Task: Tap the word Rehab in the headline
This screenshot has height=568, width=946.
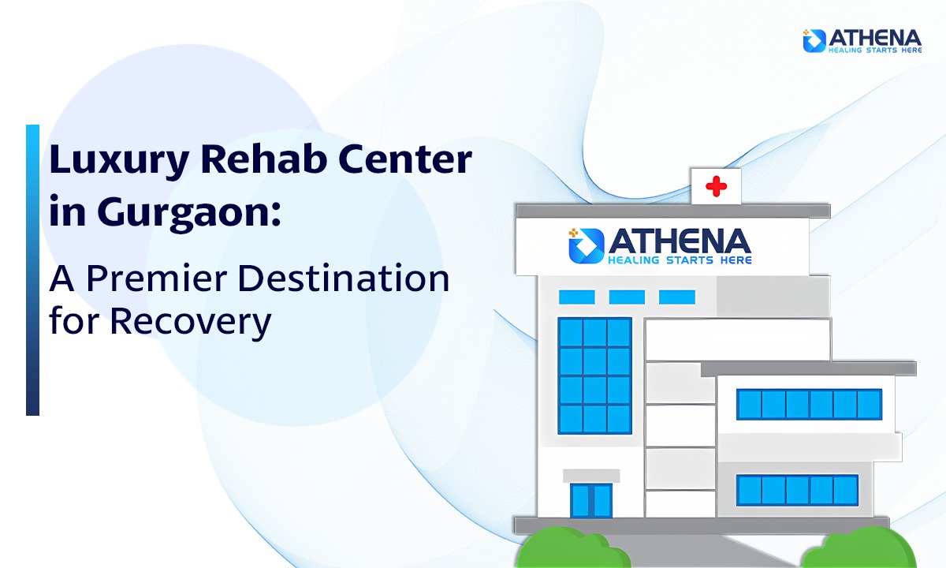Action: pos(264,159)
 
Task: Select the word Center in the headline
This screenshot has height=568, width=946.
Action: pos(405,159)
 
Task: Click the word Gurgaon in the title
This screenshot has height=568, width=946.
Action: pos(189,213)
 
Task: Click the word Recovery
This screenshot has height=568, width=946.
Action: pos(191,323)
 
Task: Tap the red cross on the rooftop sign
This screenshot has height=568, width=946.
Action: pos(717,186)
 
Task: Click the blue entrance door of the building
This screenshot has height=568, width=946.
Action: pos(591,500)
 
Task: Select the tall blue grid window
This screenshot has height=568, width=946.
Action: pos(594,376)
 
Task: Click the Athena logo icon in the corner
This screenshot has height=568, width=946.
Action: pos(814,40)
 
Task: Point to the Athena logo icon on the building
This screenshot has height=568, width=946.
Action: pos(587,246)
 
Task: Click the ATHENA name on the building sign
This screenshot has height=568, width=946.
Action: pos(679,241)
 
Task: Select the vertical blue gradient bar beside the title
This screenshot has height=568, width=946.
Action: pos(32,270)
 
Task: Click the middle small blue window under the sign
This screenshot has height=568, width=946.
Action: pos(627,297)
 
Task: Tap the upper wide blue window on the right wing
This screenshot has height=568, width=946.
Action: pos(809,405)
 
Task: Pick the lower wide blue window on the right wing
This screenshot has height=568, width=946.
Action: pos(797,490)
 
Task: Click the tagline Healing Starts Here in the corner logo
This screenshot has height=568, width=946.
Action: pos(875,50)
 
